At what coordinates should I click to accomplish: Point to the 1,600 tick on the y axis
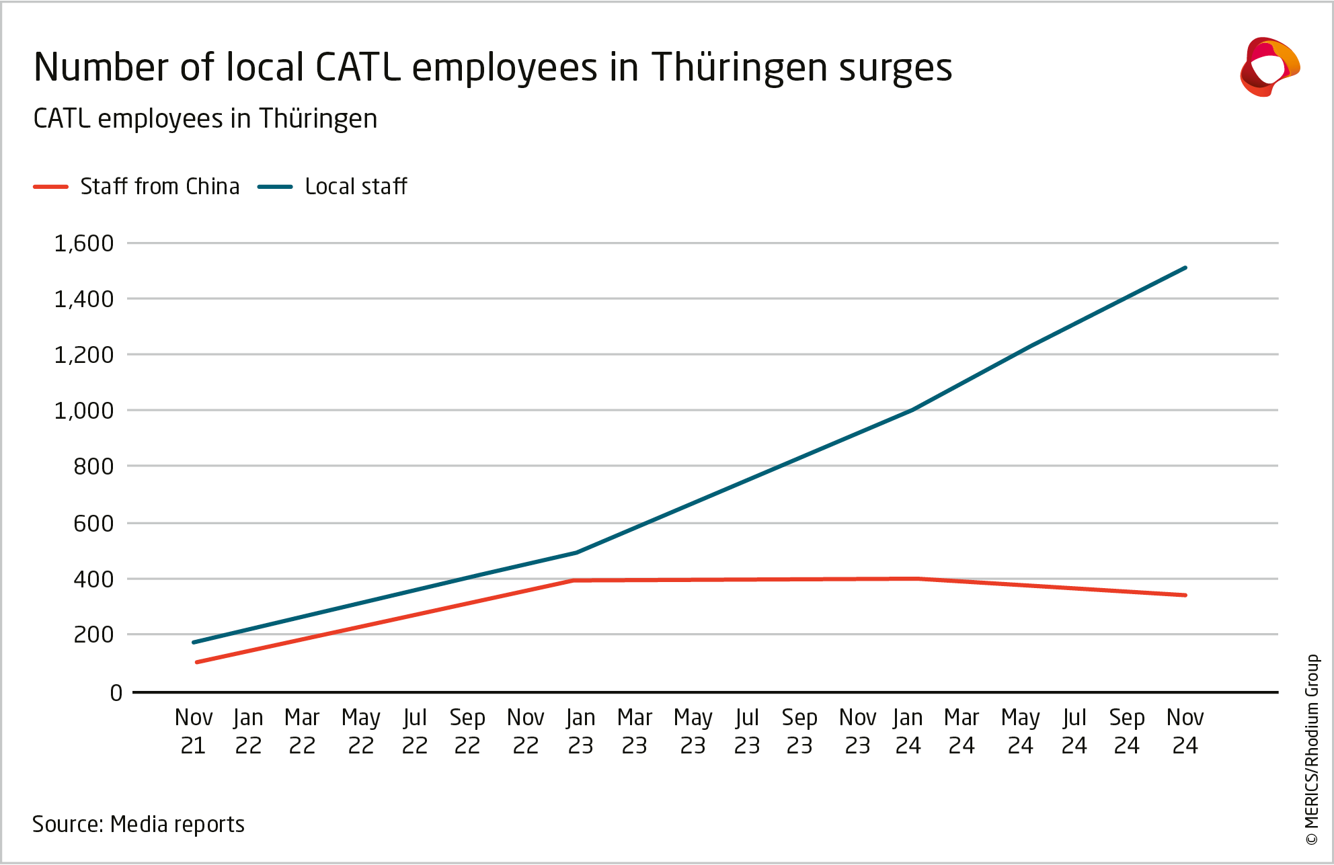[84, 243]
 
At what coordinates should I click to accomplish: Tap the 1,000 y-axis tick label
[84, 411]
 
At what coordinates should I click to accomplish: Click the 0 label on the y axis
[116, 693]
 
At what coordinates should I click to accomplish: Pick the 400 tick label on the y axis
[93, 579]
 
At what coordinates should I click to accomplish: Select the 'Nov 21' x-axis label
[194, 731]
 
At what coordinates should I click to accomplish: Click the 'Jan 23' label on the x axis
[580, 731]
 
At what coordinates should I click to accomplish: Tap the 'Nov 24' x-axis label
[1185, 731]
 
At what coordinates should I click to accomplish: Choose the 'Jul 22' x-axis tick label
[415, 731]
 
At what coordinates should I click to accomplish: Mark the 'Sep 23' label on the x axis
[799, 731]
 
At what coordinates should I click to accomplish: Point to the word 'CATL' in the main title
[357, 68]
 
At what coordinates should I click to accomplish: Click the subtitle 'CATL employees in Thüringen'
[205, 119]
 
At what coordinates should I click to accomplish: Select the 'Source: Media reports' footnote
[139, 824]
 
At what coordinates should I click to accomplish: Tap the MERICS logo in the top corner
[1269, 67]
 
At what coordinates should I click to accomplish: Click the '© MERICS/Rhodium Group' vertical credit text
[1312, 749]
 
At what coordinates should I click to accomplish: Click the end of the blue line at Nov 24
[1185, 267]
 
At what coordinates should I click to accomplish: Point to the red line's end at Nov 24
[1185, 595]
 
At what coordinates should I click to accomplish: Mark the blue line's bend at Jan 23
[576, 552]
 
